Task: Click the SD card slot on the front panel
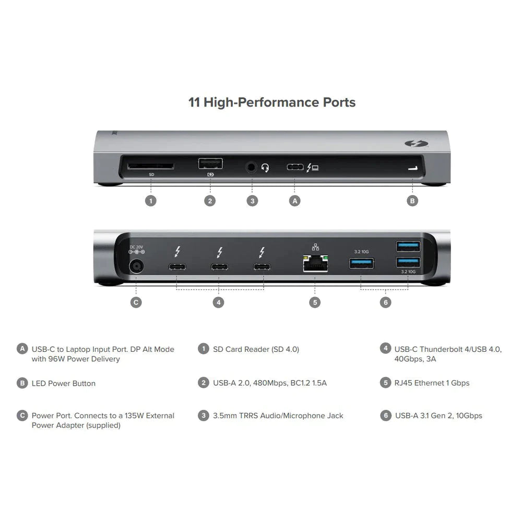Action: tap(151, 166)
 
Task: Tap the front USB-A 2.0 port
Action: tap(210, 163)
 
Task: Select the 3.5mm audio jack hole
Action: tap(252, 168)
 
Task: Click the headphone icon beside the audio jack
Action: tap(265, 168)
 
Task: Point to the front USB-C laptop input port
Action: tap(295, 168)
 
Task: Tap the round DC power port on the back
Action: tap(137, 267)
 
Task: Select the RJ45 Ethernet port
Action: tap(315, 264)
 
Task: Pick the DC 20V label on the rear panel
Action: tap(137, 246)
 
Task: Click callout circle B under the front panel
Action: tap(412, 200)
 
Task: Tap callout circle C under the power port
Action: tap(136, 302)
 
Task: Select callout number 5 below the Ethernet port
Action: tap(314, 302)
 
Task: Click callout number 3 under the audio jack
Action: tap(252, 200)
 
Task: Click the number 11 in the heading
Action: tap(194, 102)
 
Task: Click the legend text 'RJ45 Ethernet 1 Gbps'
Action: tap(432, 383)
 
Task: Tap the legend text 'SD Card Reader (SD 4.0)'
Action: tap(256, 349)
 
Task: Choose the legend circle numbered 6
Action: tap(385, 416)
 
